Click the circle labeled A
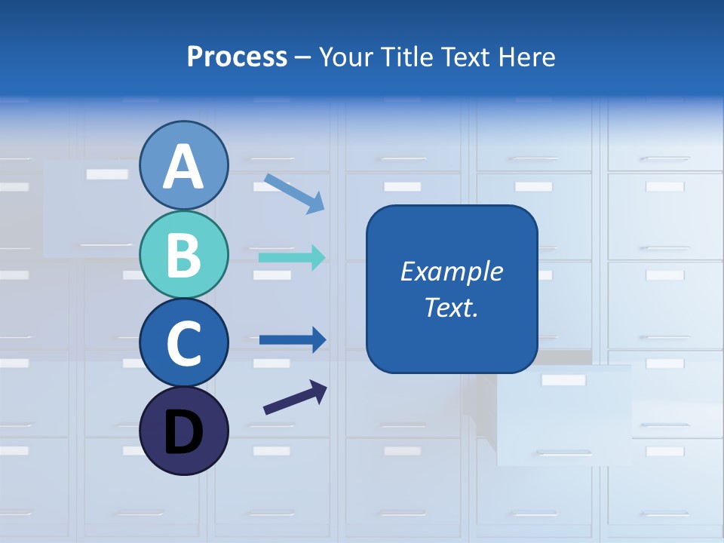point(184,165)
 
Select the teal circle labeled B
point(184,254)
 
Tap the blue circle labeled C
point(184,342)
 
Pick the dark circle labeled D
point(184,431)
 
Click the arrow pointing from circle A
point(294,193)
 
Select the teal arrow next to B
point(292,258)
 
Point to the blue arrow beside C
point(292,340)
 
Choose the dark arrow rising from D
point(295,397)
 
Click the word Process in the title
point(237,57)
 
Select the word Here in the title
point(528,57)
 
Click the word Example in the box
point(452,271)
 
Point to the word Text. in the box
point(452,307)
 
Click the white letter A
point(184,167)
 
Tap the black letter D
point(184,432)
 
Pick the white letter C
point(184,343)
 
